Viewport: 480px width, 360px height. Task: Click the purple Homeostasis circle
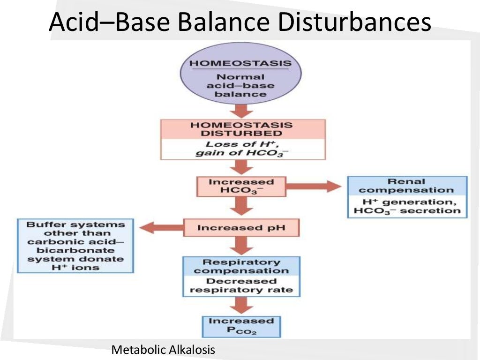point(240,77)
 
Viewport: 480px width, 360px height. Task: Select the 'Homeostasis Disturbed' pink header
point(242,129)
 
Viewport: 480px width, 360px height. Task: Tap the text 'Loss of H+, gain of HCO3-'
point(242,149)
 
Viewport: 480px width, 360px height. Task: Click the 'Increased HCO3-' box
point(241,186)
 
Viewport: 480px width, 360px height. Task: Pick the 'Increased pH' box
point(241,228)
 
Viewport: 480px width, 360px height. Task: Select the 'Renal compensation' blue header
point(406,186)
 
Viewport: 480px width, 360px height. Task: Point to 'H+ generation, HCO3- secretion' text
point(406,206)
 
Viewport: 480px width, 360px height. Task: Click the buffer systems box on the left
point(75,246)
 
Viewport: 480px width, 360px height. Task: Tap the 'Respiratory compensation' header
point(241,266)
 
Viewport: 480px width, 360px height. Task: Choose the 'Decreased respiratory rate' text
point(241,285)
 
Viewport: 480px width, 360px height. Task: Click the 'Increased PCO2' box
point(241,326)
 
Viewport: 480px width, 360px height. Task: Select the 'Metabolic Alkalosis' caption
point(163,350)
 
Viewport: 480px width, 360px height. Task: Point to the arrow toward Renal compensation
point(314,186)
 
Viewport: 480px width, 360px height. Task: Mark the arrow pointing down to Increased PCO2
point(241,306)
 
